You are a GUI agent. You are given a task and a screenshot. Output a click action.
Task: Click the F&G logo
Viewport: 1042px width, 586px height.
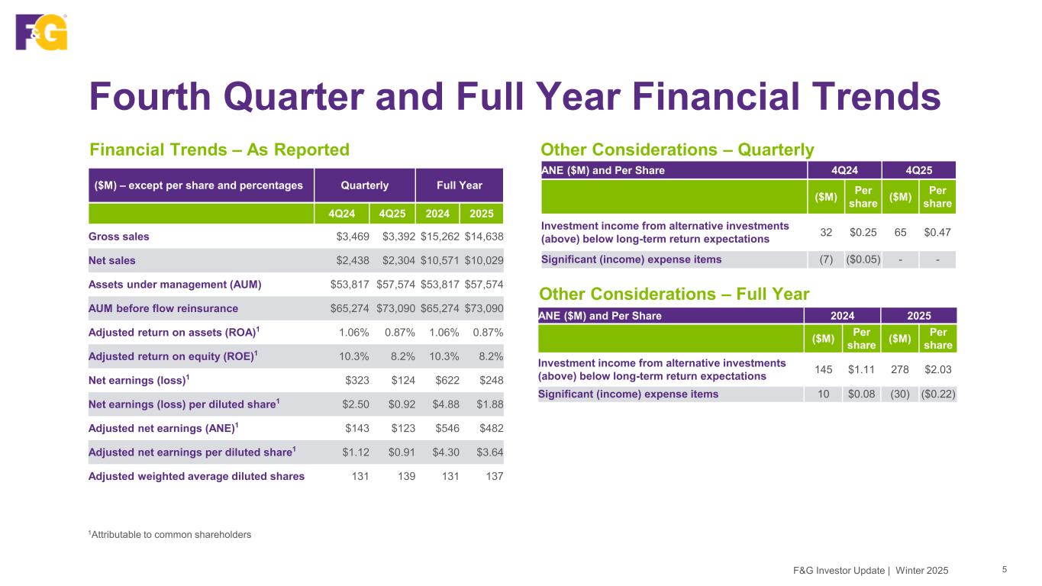click(x=41, y=32)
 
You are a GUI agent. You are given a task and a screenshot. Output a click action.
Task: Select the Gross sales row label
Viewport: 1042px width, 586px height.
click(x=119, y=237)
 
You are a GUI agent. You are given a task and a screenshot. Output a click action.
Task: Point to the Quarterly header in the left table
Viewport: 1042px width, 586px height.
click(x=364, y=185)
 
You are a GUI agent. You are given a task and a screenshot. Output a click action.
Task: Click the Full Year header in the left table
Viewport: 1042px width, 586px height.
click(x=459, y=185)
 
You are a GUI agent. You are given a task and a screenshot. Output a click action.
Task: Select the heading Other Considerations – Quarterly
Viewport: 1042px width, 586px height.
click(x=677, y=150)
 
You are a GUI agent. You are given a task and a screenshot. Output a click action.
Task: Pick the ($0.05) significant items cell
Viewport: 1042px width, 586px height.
click(x=863, y=259)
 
